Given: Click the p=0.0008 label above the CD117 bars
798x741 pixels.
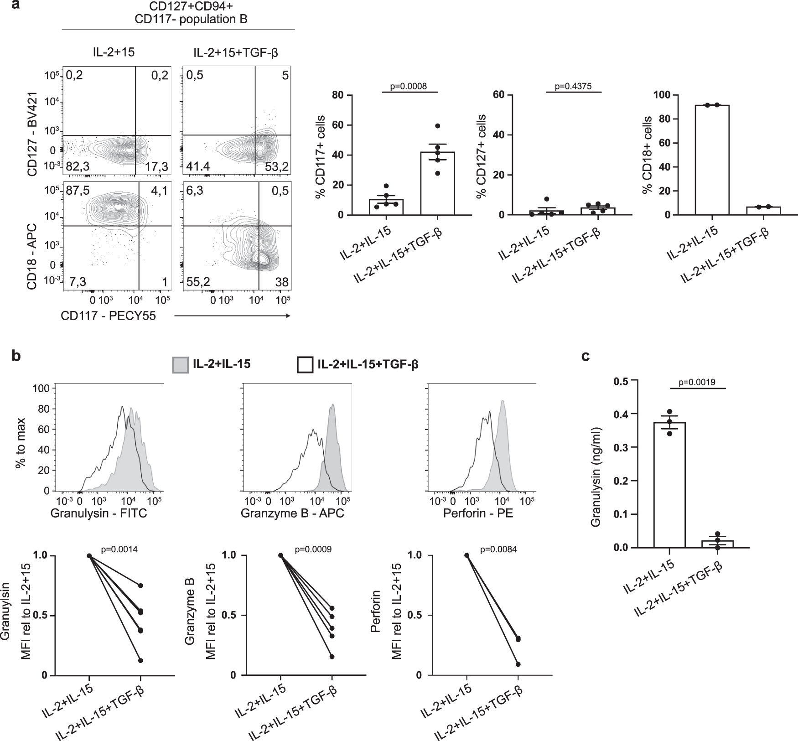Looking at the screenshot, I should (x=409, y=85).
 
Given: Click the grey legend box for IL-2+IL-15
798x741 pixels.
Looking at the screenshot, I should (x=180, y=365).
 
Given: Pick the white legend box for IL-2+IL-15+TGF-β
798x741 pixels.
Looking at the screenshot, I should (x=305, y=365).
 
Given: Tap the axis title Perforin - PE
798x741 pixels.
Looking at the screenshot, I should (x=478, y=513).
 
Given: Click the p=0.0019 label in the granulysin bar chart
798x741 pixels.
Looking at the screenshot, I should (x=697, y=382).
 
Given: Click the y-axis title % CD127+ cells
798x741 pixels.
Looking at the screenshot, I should (x=480, y=157).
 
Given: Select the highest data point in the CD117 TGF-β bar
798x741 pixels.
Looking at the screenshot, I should (x=437, y=126).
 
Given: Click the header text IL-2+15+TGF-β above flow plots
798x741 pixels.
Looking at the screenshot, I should (x=236, y=53).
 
